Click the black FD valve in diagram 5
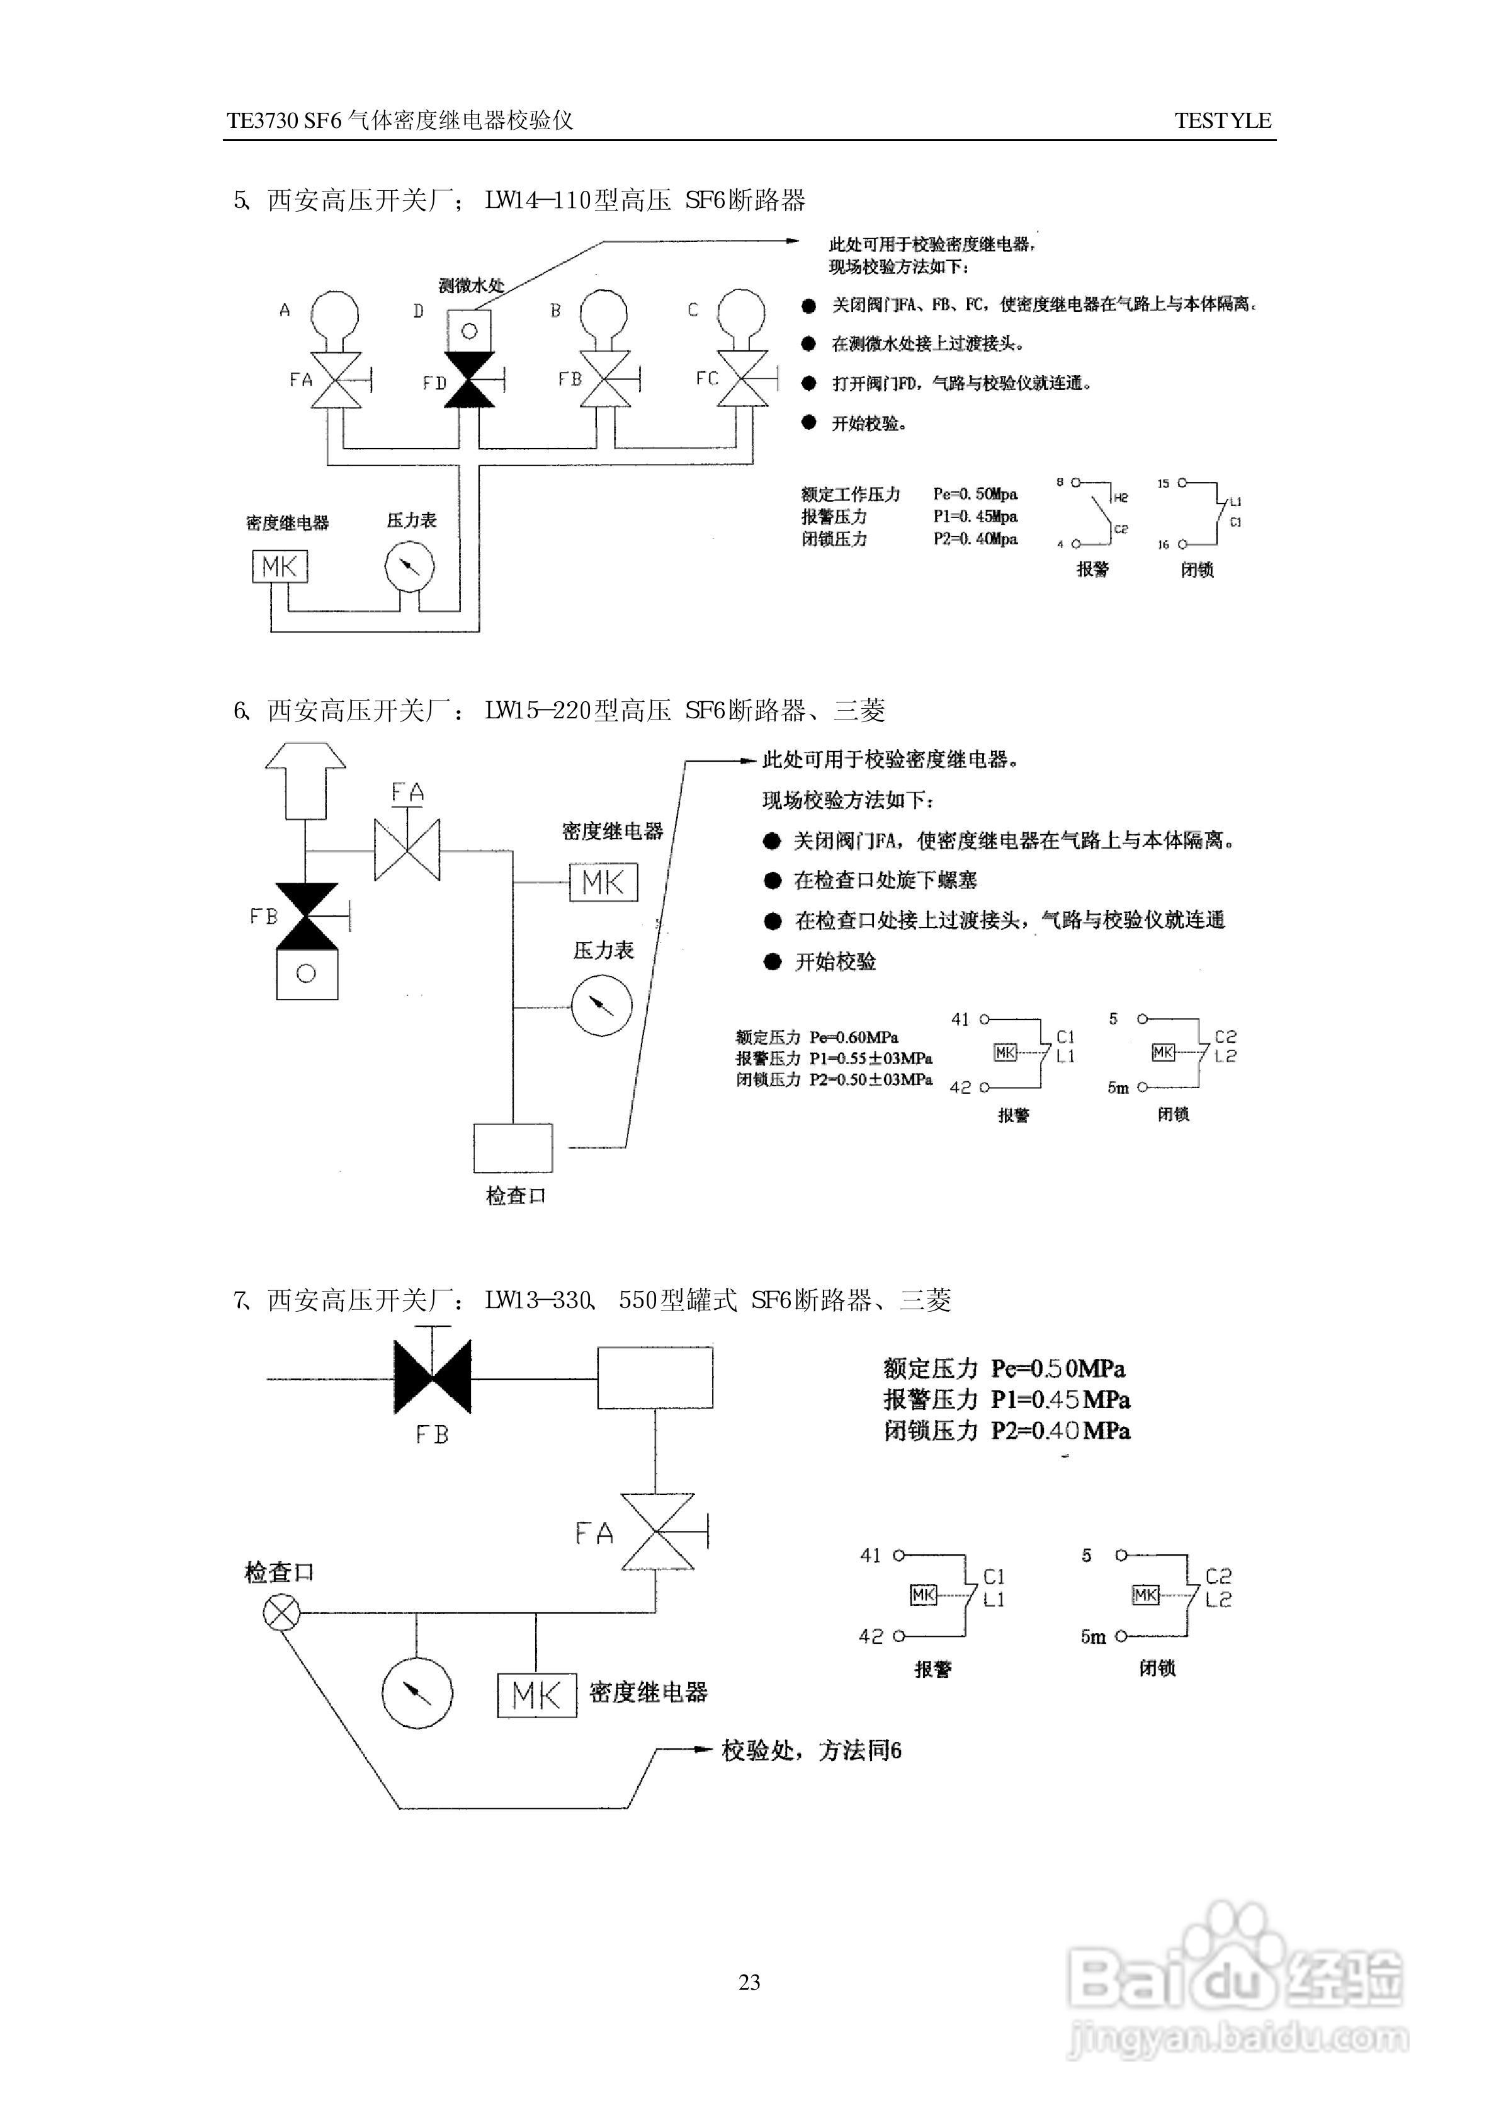pyautogui.click(x=470, y=380)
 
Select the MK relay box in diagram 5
pyautogui.click(x=279, y=566)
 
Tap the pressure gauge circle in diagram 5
pyautogui.click(x=409, y=566)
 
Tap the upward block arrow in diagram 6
pyautogui.click(x=306, y=781)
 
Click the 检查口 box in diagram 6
pyautogui.click(x=513, y=1147)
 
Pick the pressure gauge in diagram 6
pyautogui.click(x=602, y=1006)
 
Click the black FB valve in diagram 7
pyautogui.click(x=433, y=1378)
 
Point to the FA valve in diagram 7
pyautogui.click(x=657, y=1532)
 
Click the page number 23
pyautogui.click(x=750, y=1981)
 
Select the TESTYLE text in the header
pyautogui.click(x=1223, y=120)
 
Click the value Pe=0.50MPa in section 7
pyautogui.click(x=1057, y=1368)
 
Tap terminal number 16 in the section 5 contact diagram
pyautogui.click(x=1163, y=544)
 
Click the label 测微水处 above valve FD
pyautogui.click(x=472, y=285)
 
